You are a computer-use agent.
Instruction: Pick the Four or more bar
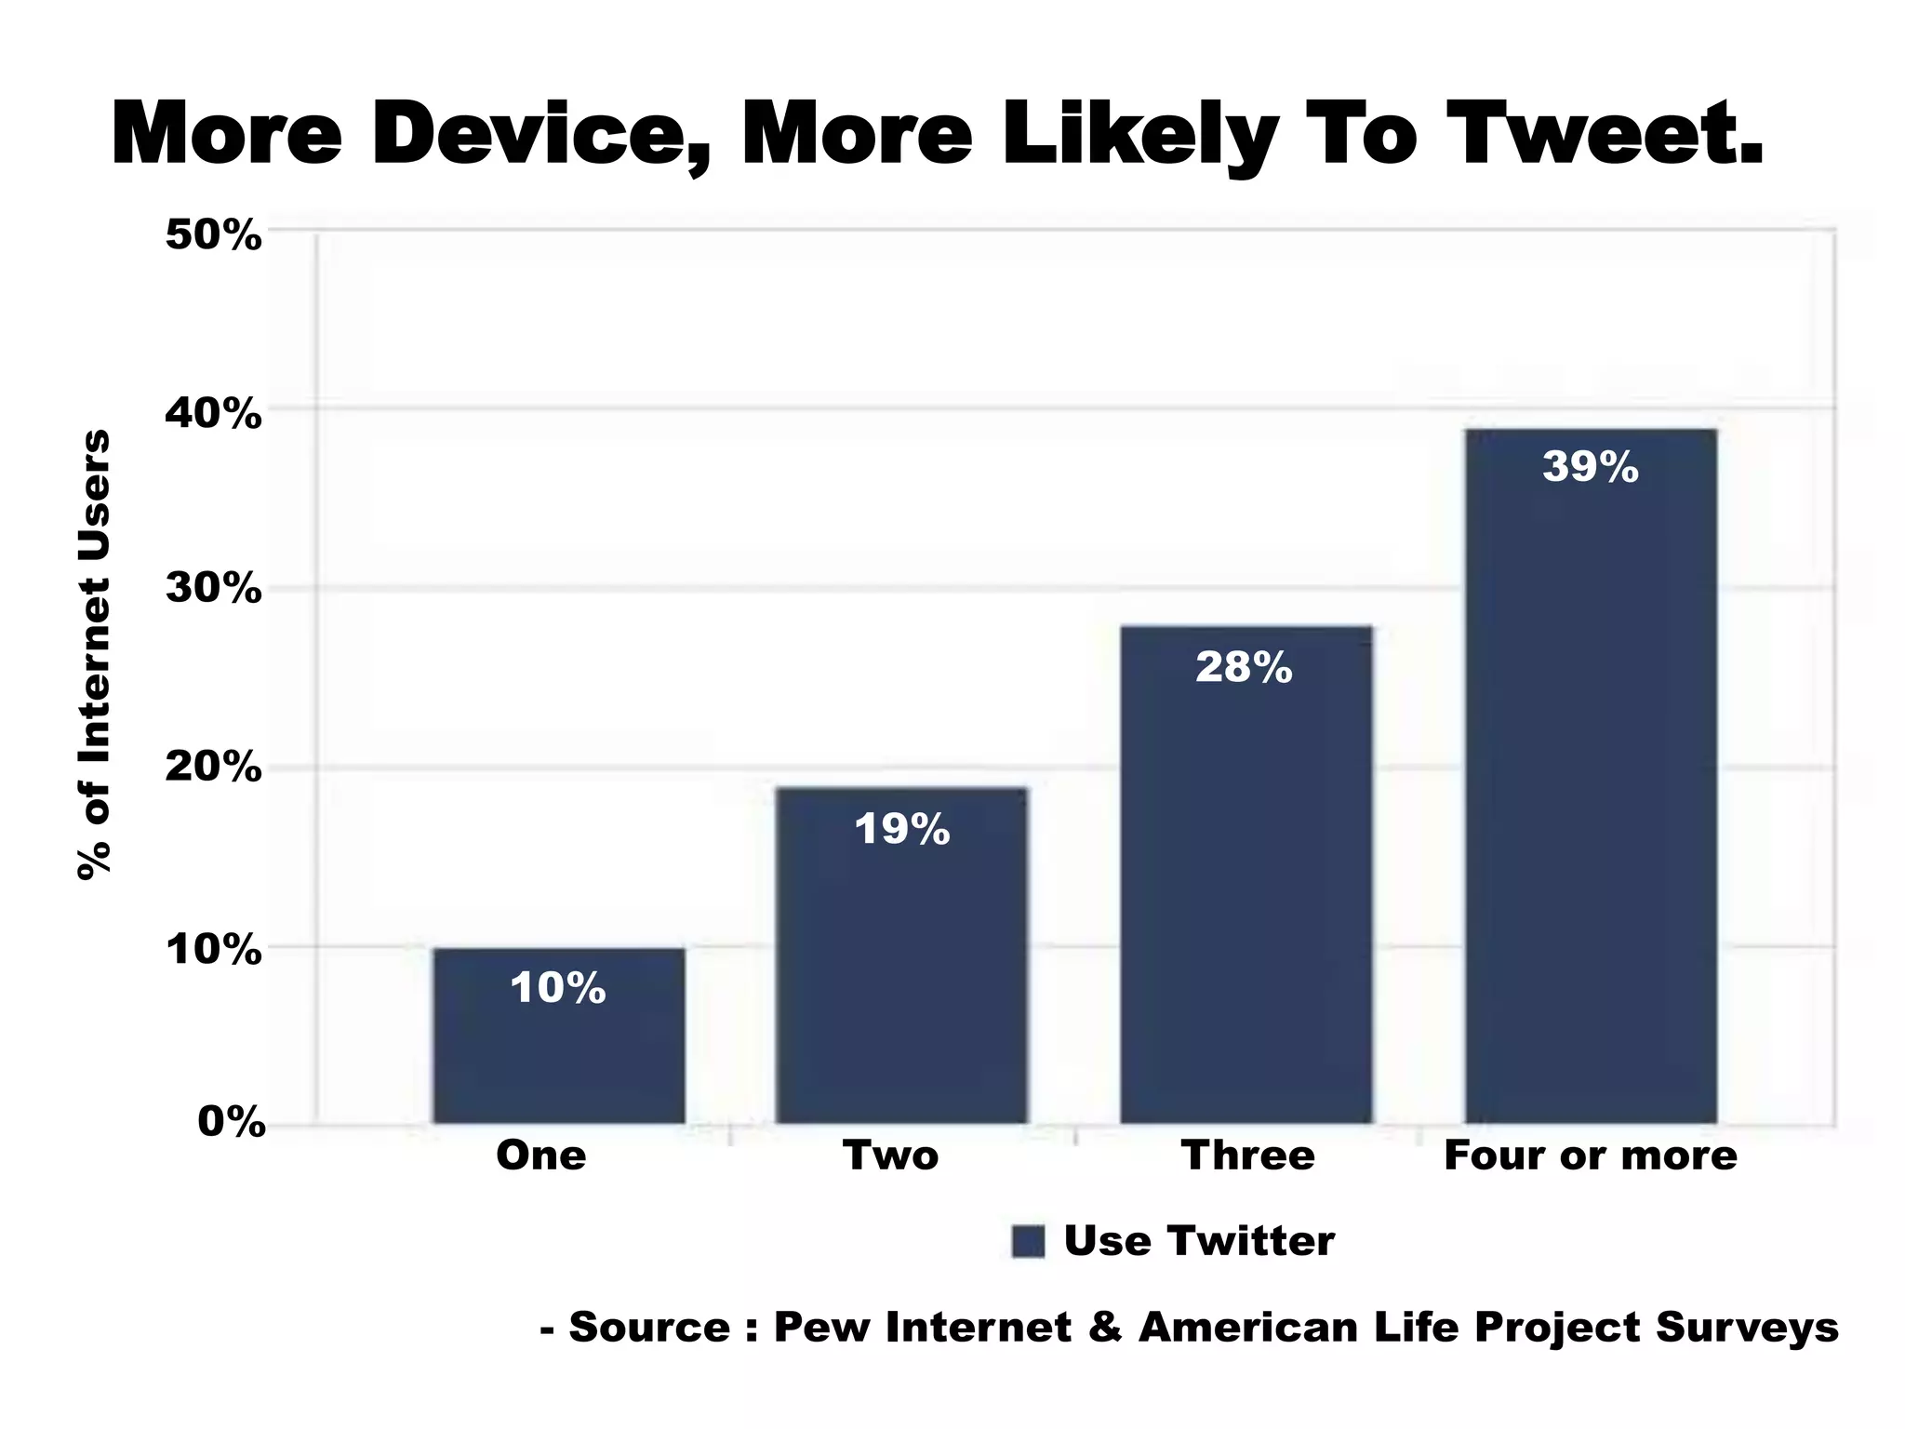coord(1590,791)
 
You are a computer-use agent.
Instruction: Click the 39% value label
coord(1590,467)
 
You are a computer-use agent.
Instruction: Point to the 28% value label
coord(1244,668)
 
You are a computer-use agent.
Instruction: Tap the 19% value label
coord(901,829)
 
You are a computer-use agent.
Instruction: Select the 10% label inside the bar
coord(558,988)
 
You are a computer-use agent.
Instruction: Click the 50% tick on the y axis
coord(213,235)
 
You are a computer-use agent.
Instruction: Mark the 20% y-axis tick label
coord(213,768)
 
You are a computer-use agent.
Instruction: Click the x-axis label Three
coord(1247,1156)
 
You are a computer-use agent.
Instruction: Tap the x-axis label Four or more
coord(1590,1156)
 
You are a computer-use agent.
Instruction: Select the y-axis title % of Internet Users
coord(94,654)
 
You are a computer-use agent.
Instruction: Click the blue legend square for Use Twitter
coord(1028,1241)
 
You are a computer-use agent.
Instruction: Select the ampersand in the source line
coord(1104,1327)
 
